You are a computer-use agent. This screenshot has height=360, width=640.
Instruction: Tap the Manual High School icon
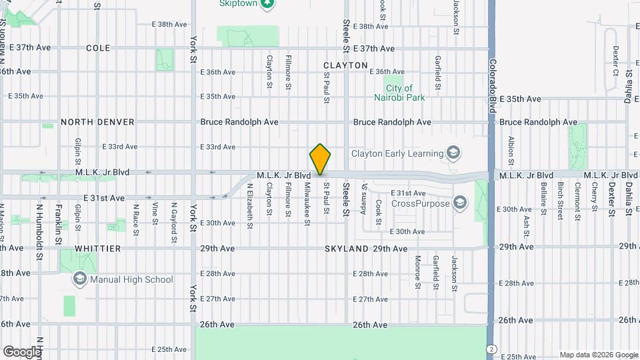click(80, 279)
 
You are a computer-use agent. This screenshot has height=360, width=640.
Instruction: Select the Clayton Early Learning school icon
click(453, 153)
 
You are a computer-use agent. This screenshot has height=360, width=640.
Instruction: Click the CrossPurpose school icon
click(459, 202)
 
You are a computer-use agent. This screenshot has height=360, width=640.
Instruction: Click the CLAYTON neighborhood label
click(345, 65)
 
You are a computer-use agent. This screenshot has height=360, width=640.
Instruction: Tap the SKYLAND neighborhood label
click(347, 249)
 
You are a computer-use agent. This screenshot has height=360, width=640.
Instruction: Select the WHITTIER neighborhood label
click(98, 249)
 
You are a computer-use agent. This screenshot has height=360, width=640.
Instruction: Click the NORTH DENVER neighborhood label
click(97, 122)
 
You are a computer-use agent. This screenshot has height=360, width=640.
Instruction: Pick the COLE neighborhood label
click(98, 48)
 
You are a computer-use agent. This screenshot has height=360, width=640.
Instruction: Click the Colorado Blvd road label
click(492, 87)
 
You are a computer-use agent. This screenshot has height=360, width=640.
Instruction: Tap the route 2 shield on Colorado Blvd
click(491, 349)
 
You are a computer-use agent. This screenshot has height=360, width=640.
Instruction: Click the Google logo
click(21, 351)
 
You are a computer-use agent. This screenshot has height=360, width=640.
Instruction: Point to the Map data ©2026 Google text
click(598, 355)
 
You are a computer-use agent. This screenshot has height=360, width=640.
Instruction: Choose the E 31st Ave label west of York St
click(105, 198)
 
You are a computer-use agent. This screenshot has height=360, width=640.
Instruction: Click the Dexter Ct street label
click(615, 61)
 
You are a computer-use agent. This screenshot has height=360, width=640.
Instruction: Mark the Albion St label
click(511, 150)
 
